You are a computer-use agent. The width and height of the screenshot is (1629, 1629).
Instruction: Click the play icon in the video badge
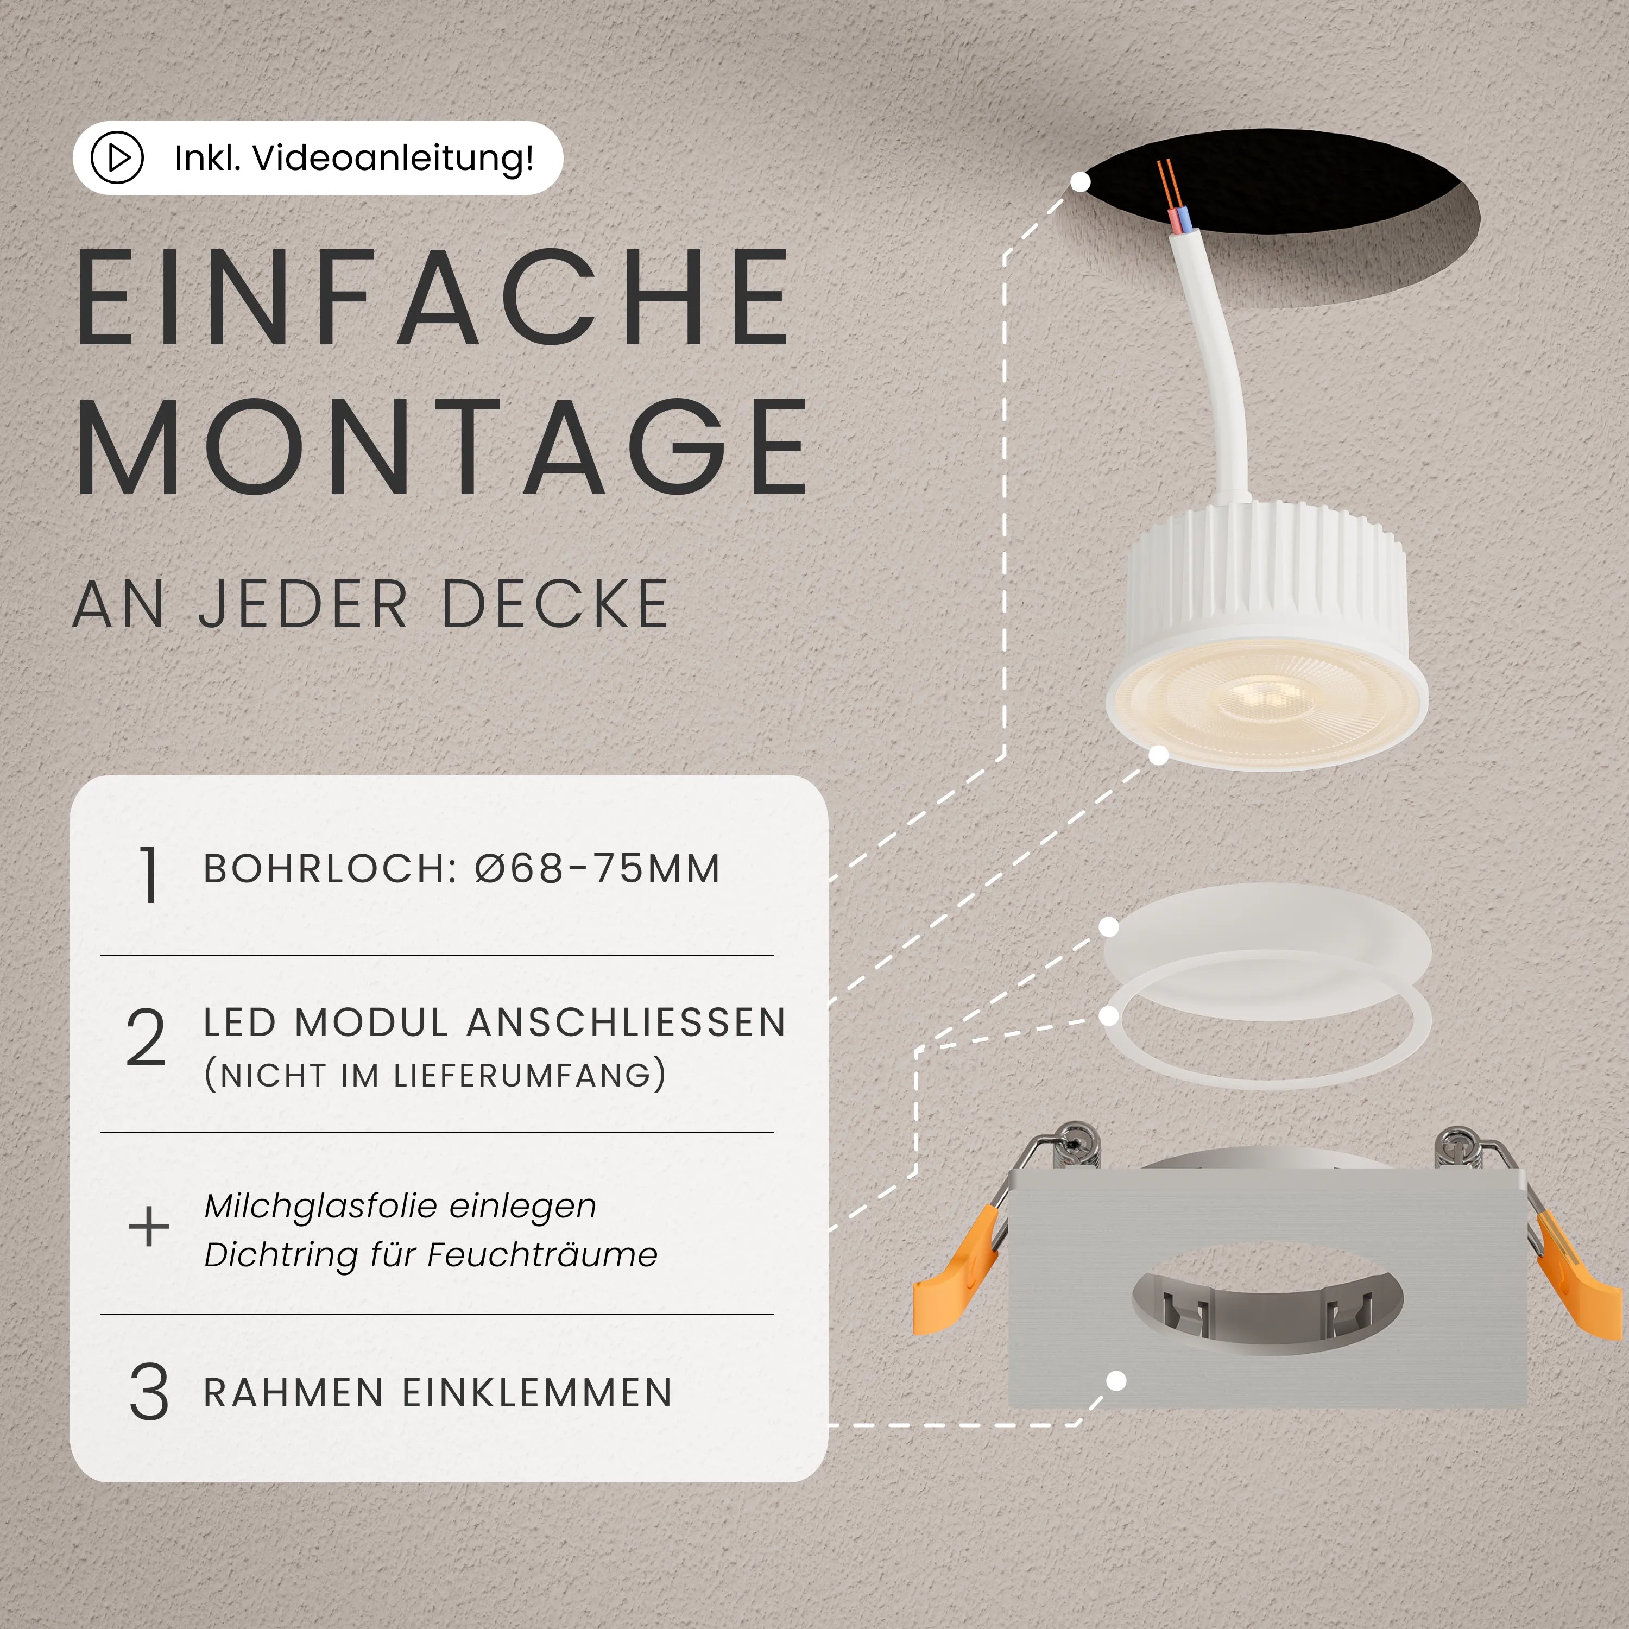[117, 157]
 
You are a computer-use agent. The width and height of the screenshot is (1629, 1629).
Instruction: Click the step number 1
[148, 875]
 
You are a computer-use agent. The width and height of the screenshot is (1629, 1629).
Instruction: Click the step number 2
[146, 1038]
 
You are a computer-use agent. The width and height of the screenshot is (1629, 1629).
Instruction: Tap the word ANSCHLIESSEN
[627, 1023]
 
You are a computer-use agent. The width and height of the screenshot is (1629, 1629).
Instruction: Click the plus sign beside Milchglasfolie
[148, 1226]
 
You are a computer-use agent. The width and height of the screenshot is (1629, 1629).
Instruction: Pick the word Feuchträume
[542, 1255]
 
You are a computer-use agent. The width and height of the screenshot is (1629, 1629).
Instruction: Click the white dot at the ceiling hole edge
[1080, 181]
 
